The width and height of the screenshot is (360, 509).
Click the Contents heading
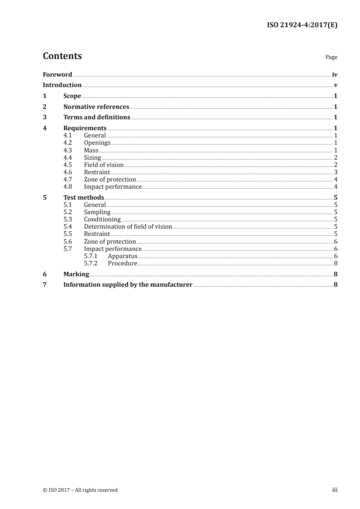[62, 56]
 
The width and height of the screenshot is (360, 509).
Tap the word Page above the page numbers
[331, 58]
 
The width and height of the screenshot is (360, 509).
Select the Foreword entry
[57, 74]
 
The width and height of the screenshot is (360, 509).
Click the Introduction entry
[62, 85]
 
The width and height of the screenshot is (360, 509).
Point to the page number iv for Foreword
[335, 74]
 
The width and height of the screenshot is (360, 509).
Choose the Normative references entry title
[96, 107]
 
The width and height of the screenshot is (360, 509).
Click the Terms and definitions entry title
[97, 117]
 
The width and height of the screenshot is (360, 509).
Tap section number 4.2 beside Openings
[68, 143]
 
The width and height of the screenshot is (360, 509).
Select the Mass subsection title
[91, 150]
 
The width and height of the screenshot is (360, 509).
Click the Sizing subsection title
[93, 157]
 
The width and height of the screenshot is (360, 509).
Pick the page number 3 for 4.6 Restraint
[335, 172]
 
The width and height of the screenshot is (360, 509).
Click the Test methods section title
[84, 197]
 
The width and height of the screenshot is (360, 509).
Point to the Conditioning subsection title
[102, 220]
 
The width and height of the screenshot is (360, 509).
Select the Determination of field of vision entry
[128, 227]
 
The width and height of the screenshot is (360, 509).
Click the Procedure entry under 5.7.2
[122, 264]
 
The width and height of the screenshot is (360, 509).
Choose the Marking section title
[76, 274]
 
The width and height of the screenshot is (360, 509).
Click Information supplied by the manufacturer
[128, 285]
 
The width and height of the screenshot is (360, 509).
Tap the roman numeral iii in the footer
[335, 490]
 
